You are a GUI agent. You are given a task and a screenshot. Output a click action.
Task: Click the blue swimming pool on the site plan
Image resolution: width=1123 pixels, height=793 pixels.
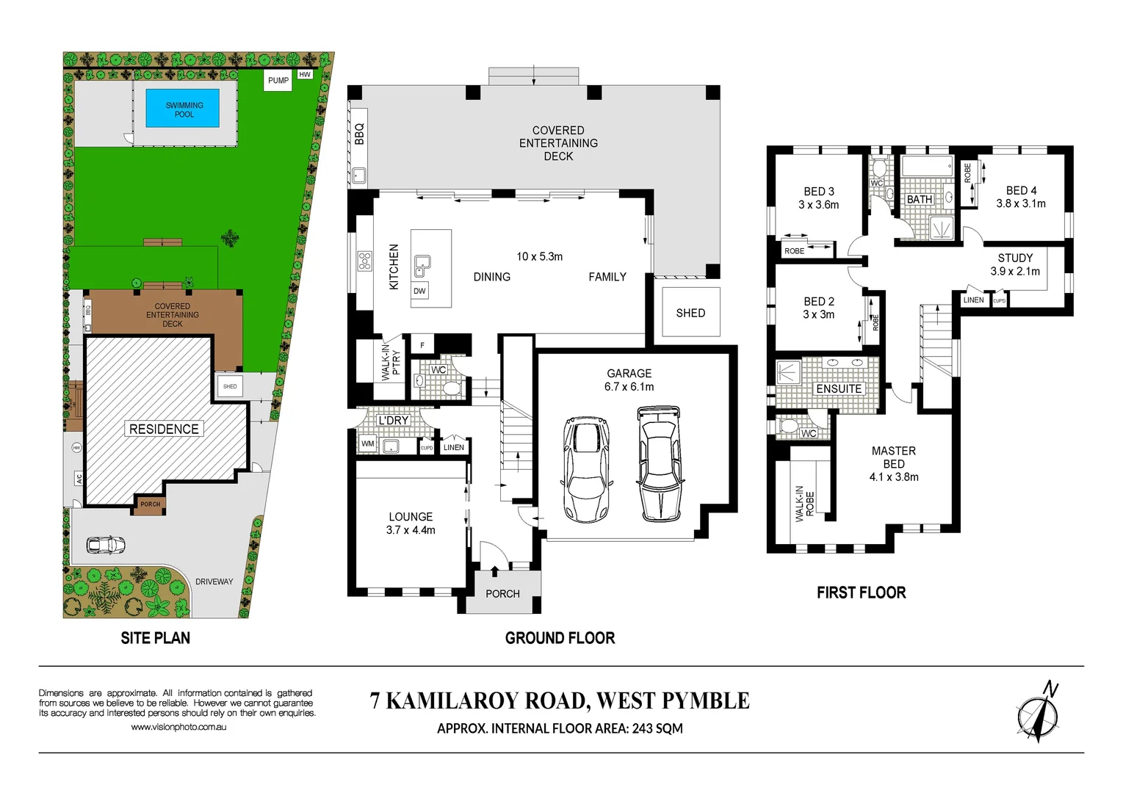[x=184, y=109]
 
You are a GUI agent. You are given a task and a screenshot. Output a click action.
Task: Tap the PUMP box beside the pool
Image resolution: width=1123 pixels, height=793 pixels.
[x=278, y=81]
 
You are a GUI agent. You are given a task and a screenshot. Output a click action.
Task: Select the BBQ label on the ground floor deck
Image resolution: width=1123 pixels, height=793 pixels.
[x=359, y=134]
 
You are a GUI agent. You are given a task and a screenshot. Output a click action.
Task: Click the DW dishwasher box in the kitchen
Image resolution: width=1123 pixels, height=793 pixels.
[x=419, y=291]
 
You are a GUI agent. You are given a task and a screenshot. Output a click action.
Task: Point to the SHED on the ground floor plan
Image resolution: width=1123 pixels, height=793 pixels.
[x=690, y=313]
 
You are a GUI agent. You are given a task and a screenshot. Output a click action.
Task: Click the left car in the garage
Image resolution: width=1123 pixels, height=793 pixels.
[x=586, y=470]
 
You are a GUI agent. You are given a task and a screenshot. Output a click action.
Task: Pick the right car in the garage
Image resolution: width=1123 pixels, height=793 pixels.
[x=659, y=463]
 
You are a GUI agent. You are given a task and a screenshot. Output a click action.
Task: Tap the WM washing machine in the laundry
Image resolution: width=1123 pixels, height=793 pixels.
[x=368, y=443]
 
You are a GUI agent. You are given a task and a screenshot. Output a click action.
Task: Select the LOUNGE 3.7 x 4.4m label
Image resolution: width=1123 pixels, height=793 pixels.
[x=411, y=523]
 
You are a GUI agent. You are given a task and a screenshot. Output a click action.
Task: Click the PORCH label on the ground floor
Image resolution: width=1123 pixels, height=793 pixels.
[x=502, y=593]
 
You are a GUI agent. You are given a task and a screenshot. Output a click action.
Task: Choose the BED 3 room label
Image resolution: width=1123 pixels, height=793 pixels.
[x=818, y=198]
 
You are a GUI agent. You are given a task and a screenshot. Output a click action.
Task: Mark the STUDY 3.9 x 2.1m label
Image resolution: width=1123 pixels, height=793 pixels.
[x=1015, y=264]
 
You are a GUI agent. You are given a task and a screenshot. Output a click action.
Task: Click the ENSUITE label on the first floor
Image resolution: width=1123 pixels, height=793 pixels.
[x=839, y=388]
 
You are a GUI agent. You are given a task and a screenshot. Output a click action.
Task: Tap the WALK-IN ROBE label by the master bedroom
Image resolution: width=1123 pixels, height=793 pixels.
[x=805, y=504]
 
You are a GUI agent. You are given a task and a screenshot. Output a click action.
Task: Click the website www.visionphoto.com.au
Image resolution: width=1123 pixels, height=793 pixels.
[x=178, y=727]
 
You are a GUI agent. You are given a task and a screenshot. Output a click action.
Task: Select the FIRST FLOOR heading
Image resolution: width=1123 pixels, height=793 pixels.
[x=861, y=593]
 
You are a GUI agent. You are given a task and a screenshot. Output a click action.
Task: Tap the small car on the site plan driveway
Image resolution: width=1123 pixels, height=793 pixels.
[x=106, y=545]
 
